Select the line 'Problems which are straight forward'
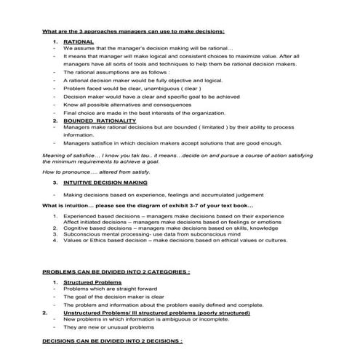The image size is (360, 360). (111, 289)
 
